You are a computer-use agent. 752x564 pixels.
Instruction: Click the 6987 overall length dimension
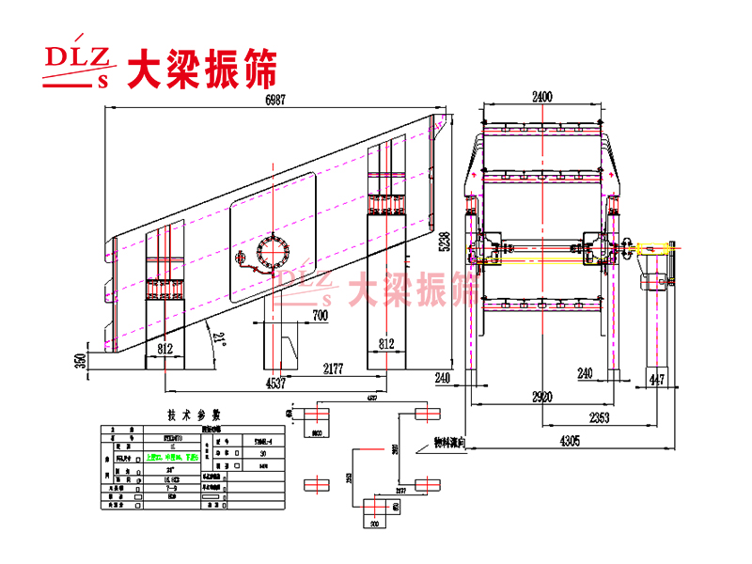(274, 99)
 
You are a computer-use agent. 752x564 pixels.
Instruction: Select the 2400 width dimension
(541, 96)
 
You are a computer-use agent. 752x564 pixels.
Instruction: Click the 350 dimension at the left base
(82, 361)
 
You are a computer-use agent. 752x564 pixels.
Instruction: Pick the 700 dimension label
(320, 316)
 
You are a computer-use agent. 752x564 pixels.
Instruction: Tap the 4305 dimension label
(560, 439)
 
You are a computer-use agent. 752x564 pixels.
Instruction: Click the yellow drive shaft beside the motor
(649, 249)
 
